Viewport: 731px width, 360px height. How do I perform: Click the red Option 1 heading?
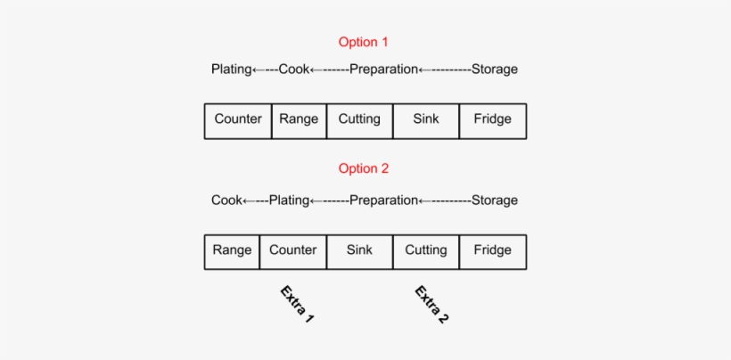[364, 42]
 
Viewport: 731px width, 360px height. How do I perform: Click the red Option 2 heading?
[364, 168]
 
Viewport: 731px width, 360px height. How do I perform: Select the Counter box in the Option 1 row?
[238, 120]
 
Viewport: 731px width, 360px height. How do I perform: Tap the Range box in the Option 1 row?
[299, 120]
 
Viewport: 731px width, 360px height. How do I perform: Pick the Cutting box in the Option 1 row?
[359, 120]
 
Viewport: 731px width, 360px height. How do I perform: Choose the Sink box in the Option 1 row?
[426, 120]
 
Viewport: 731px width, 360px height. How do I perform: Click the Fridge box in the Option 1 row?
[493, 120]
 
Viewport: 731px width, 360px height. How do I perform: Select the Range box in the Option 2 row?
[232, 251]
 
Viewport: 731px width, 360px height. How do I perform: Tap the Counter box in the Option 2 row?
[293, 251]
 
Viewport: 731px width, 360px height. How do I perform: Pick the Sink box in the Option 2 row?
[359, 251]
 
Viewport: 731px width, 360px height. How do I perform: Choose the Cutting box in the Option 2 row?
[426, 251]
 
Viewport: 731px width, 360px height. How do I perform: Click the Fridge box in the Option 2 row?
[493, 251]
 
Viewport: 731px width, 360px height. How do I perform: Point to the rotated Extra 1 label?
[297, 305]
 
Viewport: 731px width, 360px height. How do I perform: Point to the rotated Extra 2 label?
[431, 305]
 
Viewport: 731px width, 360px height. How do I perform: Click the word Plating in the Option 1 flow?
[232, 70]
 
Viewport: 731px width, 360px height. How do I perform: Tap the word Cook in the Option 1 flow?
[293, 70]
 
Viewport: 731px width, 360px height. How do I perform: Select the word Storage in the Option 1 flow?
[495, 70]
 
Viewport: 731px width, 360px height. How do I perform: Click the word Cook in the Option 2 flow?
[226, 200]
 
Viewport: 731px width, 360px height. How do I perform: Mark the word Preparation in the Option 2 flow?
[383, 200]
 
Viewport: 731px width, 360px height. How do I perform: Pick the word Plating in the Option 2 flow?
[289, 200]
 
